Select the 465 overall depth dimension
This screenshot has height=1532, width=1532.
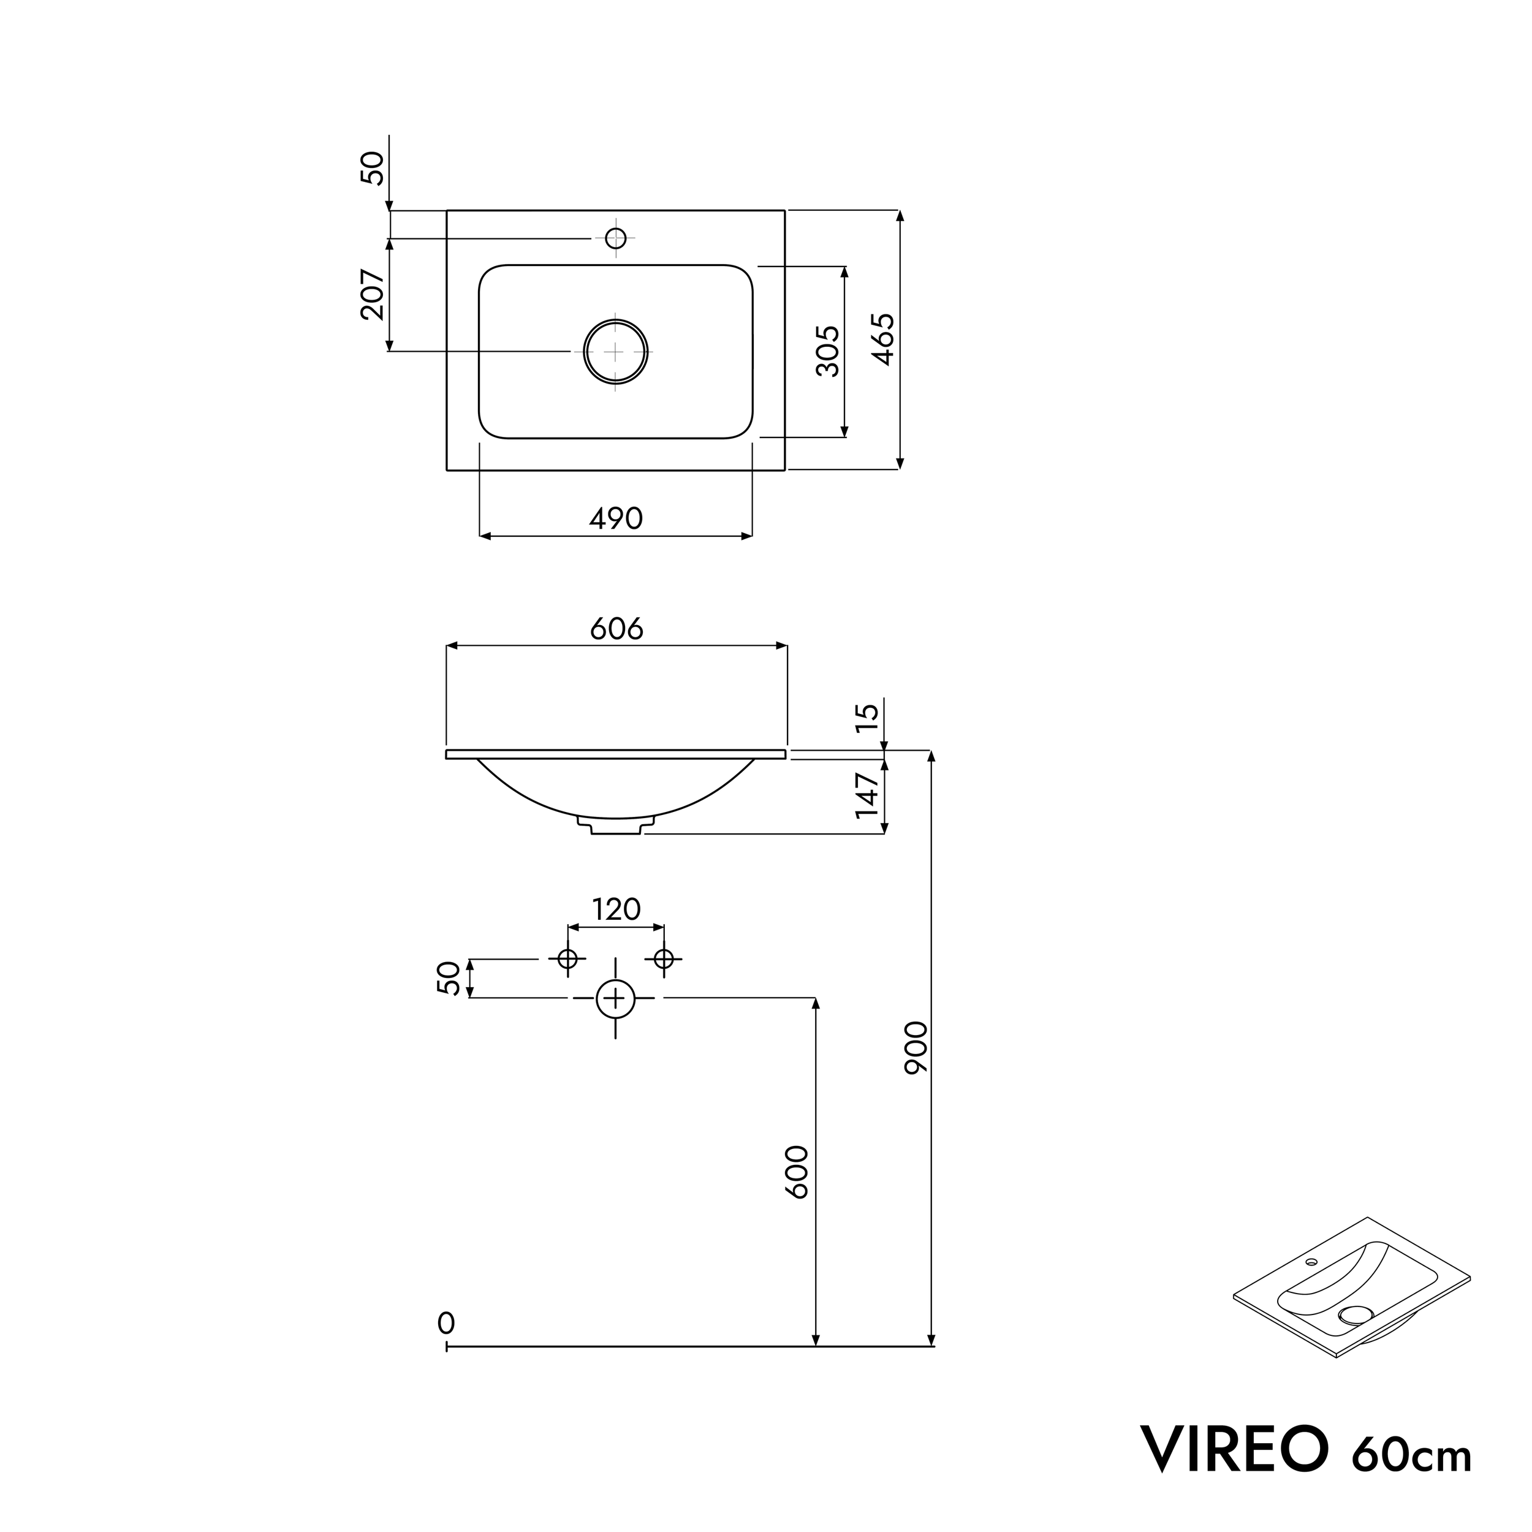[884, 339]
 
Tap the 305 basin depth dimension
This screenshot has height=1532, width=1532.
[828, 351]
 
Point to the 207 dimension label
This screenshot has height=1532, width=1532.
[373, 294]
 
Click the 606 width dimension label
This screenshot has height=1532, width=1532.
[616, 629]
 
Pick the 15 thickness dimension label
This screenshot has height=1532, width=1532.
[868, 717]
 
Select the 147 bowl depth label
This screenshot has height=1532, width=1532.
[868, 795]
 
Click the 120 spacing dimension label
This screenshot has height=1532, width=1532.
[616, 909]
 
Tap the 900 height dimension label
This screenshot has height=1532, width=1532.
[916, 1047]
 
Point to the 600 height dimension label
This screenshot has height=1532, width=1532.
[797, 1172]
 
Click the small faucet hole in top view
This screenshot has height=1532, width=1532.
[615, 237]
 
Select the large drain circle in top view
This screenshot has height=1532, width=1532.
[615, 351]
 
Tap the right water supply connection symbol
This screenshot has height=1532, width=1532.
[664, 958]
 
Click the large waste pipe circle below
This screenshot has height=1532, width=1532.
[615, 998]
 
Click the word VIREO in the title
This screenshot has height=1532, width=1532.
[1234, 1448]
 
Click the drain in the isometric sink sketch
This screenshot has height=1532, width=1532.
[1354, 1314]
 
